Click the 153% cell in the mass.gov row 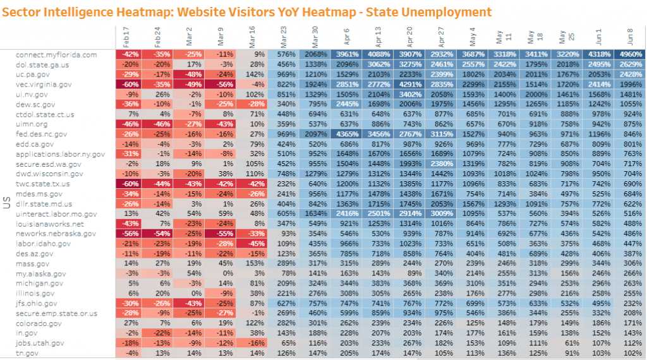[253, 263]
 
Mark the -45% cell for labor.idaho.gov [253, 244]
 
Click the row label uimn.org [32, 124]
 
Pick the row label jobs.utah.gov [40, 343]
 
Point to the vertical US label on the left [5, 204]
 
